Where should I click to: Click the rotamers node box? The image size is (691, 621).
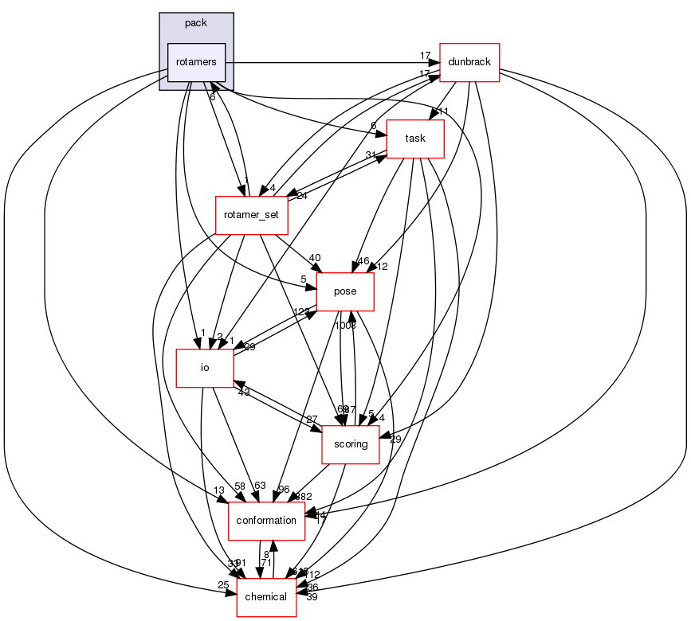[196, 62]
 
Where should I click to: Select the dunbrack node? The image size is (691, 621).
[469, 62]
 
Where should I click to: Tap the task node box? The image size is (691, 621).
[414, 139]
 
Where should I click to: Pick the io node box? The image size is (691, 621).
[204, 368]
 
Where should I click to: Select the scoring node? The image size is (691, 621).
[350, 444]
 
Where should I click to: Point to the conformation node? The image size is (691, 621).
[266, 521]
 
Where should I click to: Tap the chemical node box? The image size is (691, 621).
[266, 597]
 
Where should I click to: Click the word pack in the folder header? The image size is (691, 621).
[196, 23]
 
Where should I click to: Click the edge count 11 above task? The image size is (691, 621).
[444, 111]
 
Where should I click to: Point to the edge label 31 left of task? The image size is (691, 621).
[371, 155]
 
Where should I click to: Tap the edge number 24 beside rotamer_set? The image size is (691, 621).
[301, 196]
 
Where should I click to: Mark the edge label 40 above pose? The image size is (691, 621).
[315, 257]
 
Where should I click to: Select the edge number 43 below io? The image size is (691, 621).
[243, 392]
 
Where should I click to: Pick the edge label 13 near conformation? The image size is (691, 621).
[218, 490]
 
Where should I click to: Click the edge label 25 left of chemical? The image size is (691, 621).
[224, 587]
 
